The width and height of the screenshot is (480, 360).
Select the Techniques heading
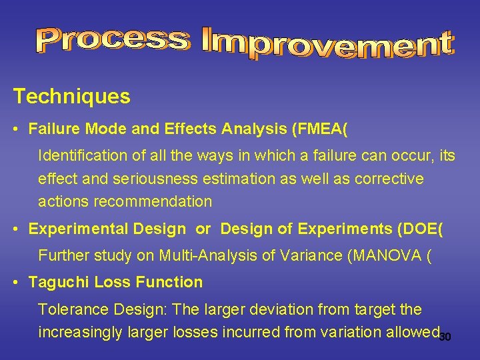72,97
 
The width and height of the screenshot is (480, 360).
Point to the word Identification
82,156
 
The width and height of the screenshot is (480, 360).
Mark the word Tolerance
71,309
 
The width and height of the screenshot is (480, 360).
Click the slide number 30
445,337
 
